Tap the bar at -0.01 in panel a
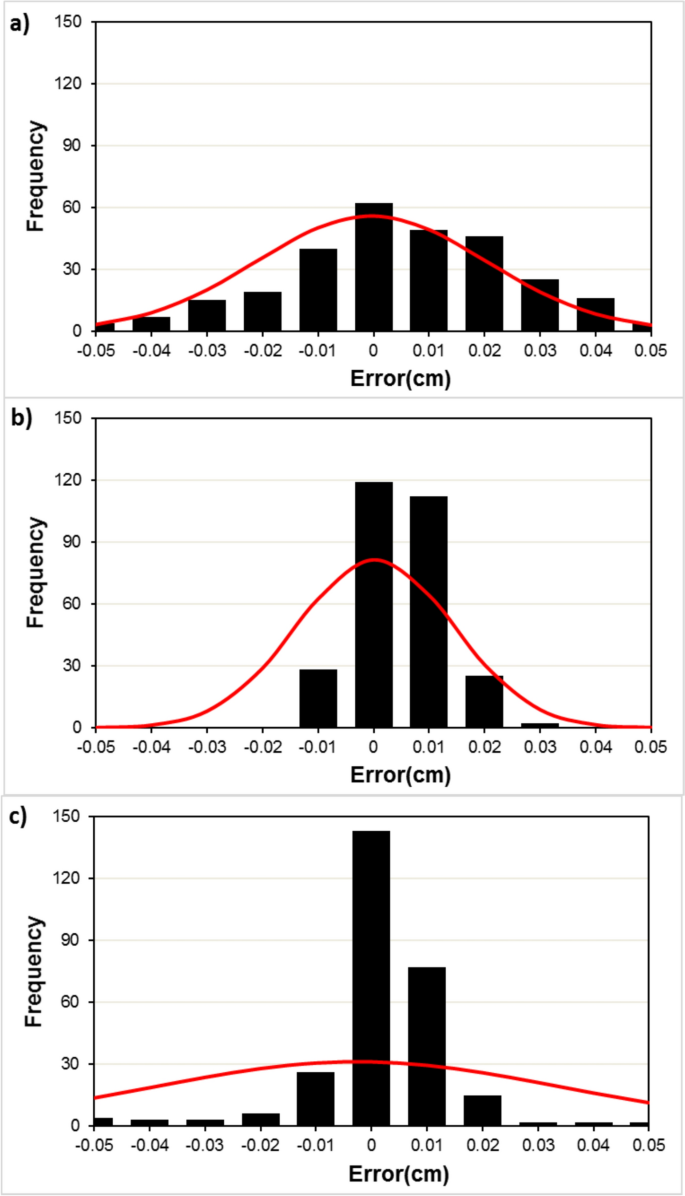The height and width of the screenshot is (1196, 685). pos(318,290)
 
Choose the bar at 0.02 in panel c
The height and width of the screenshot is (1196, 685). pos(482,1110)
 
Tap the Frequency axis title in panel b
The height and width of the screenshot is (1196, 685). pos(36,572)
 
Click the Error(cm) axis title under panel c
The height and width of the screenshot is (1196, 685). pos(371,1172)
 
